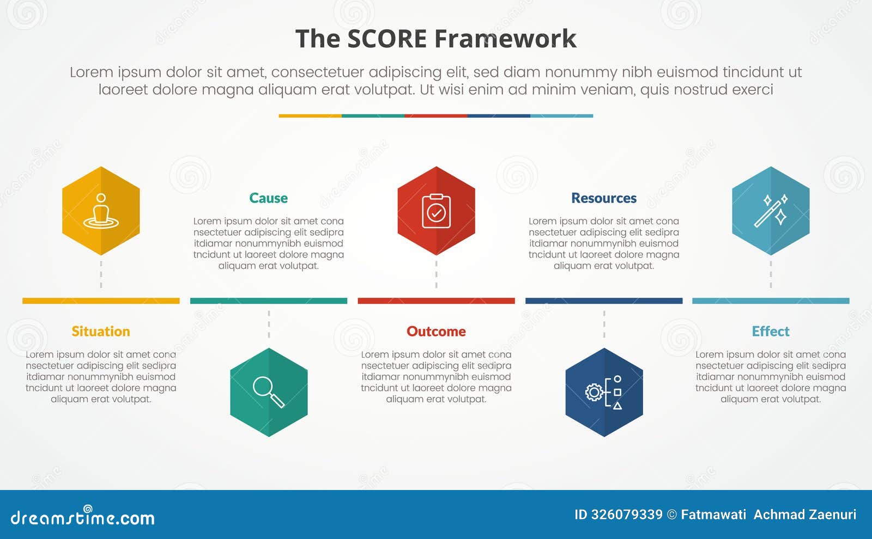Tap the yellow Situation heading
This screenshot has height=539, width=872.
tap(101, 332)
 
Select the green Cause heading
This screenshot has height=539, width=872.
tap(268, 198)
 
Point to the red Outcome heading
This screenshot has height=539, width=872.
tap(436, 332)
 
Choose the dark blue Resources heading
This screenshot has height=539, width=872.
tap(603, 198)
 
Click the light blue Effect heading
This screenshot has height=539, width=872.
tap(770, 332)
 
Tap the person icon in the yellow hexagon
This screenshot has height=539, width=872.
tap(101, 211)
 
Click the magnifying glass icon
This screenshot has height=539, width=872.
tap(269, 392)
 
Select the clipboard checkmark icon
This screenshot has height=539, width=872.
tap(436, 211)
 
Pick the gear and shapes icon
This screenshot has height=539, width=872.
tap(604, 392)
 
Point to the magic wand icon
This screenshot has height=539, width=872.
tap(771, 211)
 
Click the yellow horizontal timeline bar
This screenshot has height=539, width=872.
tap(101, 301)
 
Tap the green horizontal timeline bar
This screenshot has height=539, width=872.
tap(269, 301)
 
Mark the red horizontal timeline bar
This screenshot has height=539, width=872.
tap(436, 301)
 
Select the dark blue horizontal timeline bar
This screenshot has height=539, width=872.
tap(604, 301)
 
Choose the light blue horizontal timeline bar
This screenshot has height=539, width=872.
tap(771, 301)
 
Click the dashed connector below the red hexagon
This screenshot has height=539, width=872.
tap(436, 274)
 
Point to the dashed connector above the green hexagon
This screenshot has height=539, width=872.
tap(269, 324)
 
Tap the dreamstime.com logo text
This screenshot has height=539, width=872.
tap(82, 517)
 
